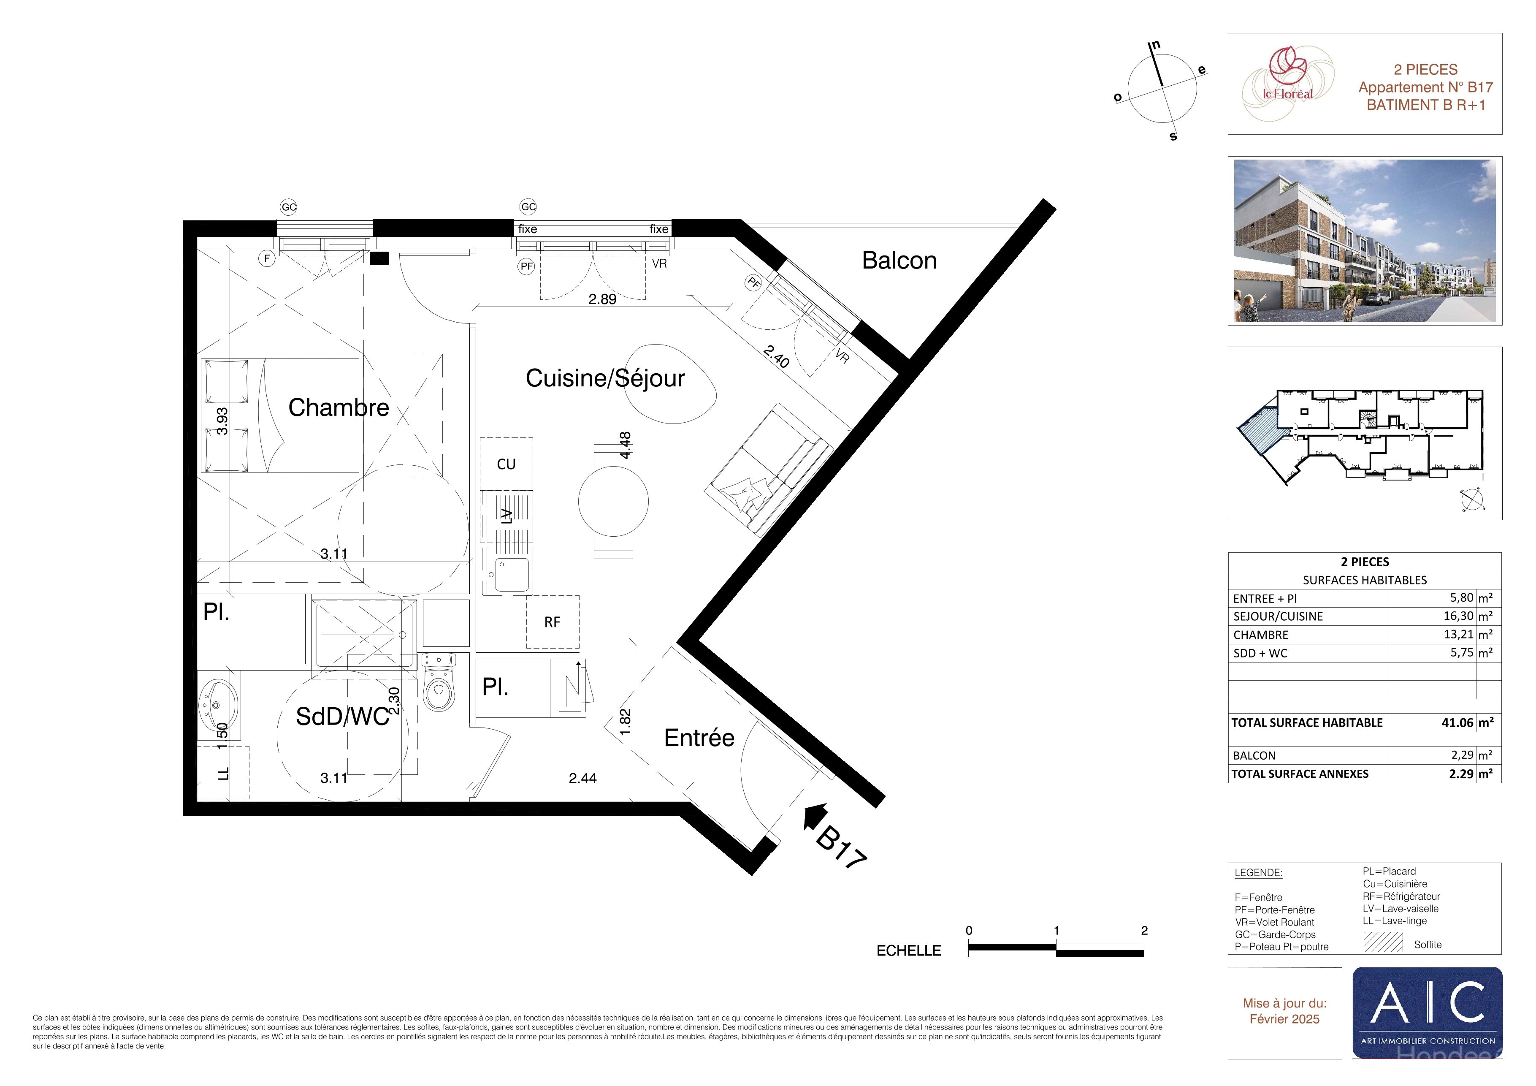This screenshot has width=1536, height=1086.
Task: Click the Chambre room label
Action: pyautogui.click(x=339, y=407)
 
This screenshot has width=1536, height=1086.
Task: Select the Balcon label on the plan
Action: pyautogui.click(x=899, y=260)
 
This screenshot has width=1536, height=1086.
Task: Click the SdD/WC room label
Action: pyautogui.click(x=342, y=717)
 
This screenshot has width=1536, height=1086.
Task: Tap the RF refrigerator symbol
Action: pyautogui.click(x=553, y=622)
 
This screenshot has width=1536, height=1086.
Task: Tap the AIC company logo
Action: pyautogui.click(x=1427, y=1013)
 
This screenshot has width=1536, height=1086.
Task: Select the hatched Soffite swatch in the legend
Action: pyautogui.click(x=1383, y=942)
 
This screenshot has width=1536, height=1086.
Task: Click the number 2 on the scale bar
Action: pyautogui.click(x=1144, y=930)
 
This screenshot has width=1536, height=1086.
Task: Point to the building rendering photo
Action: pyautogui.click(x=1365, y=241)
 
